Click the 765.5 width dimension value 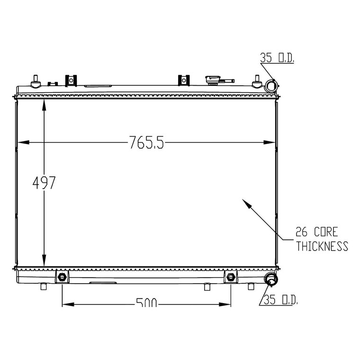(147, 143)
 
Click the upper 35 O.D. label (277, 59)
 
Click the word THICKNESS (322, 246)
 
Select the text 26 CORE (316, 233)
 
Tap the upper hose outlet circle (271, 86)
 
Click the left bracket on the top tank (71, 81)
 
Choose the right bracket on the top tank (184, 81)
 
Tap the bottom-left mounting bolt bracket (62, 277)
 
